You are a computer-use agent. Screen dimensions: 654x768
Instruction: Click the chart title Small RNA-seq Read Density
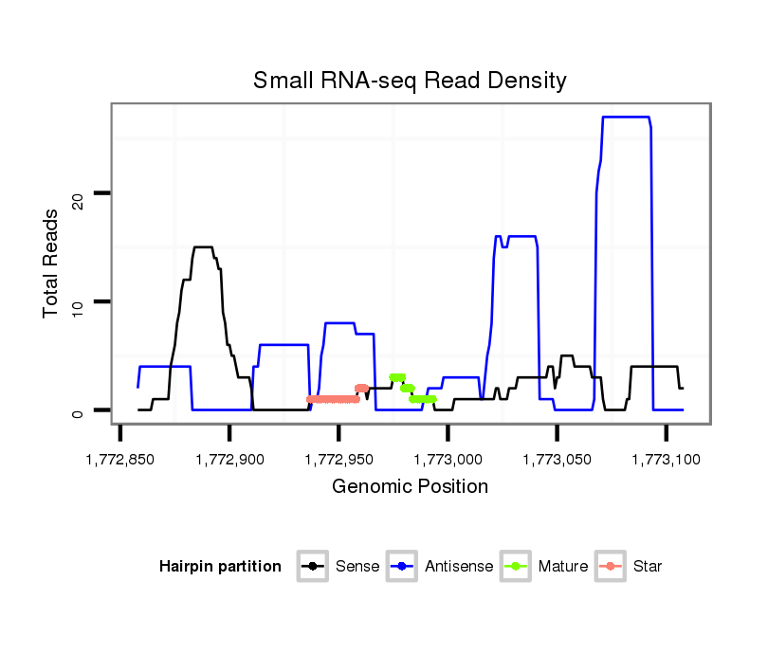click(x=410, y=81)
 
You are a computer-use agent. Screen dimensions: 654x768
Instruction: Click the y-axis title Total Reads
click(x=53, y=263)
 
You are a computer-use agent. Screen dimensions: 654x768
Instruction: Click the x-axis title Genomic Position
click(x=410, y=487)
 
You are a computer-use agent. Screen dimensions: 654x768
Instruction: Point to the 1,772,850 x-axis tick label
click(x=120, y=459)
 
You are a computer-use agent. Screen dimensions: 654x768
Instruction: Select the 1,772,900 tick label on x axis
click(x=229, y=459)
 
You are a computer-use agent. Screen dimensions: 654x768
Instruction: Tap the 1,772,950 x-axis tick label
click(x=338, y=459)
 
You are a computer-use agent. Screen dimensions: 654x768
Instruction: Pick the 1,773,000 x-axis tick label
click(x=448, y=459)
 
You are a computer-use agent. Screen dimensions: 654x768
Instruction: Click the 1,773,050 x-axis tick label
click(x=557, y=459)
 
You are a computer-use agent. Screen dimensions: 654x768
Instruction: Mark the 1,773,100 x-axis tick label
click(x=666, y=459)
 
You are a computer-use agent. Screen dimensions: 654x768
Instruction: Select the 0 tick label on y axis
click(x=79, y=411)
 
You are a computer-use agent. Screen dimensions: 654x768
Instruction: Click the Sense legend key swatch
click(x=312, y=567)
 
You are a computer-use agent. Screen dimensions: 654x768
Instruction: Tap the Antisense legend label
click(x=459, y=567)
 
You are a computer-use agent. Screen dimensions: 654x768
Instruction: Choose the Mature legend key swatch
click(x=520, y=567)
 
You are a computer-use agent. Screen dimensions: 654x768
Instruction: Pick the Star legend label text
click(x=648, y=567)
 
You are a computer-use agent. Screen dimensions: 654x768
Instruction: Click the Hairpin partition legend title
click(x=220, y=567)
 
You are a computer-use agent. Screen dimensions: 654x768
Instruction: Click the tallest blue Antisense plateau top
click(x=625, y=117)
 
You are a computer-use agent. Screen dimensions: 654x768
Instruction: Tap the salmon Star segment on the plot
click(x=333, y=399)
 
